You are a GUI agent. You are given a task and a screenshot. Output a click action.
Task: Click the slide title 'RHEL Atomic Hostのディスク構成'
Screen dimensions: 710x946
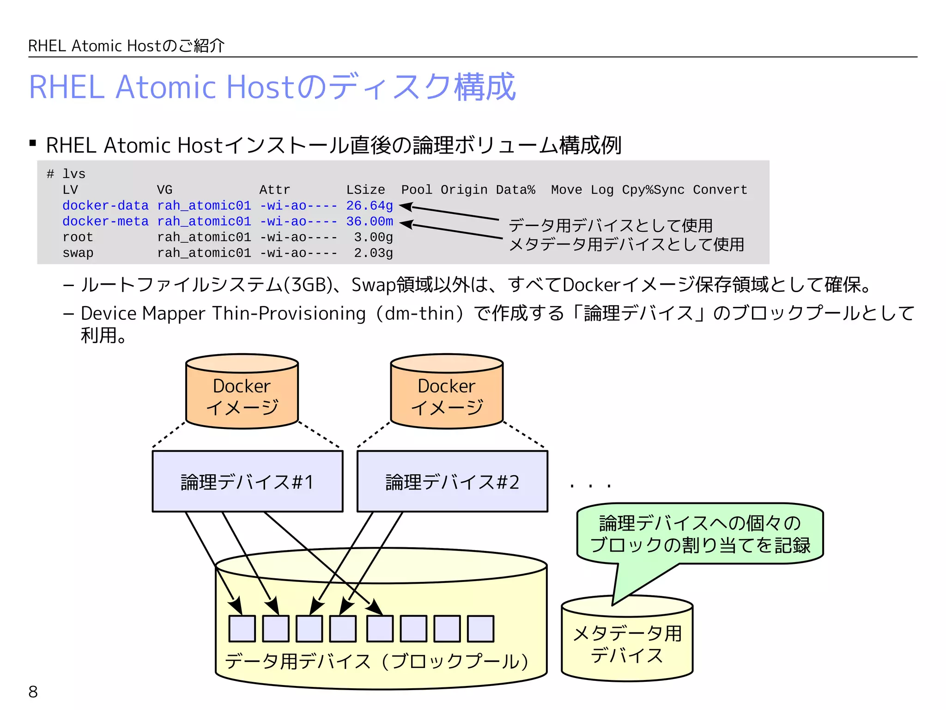tap(273, 87)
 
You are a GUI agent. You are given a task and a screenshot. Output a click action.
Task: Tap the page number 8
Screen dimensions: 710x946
tap(33, 692)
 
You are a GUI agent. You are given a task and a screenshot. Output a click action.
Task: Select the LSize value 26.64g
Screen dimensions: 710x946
tap(370, 206)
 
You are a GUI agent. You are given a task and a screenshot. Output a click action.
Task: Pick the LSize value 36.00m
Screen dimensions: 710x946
tap(370, 221)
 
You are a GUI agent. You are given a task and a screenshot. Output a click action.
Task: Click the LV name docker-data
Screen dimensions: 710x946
tap(105, 206)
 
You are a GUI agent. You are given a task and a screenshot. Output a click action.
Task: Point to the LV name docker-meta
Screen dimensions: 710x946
tap(105, 221)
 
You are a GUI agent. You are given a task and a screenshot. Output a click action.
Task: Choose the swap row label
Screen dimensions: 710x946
tap(78, 253)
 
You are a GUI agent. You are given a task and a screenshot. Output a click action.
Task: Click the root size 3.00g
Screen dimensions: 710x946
tap(373, 237)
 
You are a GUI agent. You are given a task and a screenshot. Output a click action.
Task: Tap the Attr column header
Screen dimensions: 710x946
tap(275, 190)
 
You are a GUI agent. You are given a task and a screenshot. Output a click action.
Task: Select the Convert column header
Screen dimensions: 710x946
tap(720, 190)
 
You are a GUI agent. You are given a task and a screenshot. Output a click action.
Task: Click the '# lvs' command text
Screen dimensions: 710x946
tap(66, 174)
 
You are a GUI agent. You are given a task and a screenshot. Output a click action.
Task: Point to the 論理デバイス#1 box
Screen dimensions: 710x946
tap(248, 482)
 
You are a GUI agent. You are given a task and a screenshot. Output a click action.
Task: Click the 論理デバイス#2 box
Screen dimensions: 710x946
tap(452, 482)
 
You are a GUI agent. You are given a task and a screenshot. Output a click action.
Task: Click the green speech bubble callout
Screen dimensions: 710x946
tap(700, 534)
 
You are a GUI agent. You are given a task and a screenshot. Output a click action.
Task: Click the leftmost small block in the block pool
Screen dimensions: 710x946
tap(242, 629)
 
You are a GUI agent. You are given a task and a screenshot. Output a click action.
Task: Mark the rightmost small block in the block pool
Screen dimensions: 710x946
tap(480, 629)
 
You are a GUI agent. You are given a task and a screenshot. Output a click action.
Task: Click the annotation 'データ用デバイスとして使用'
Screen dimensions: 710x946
tap(610, 226)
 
